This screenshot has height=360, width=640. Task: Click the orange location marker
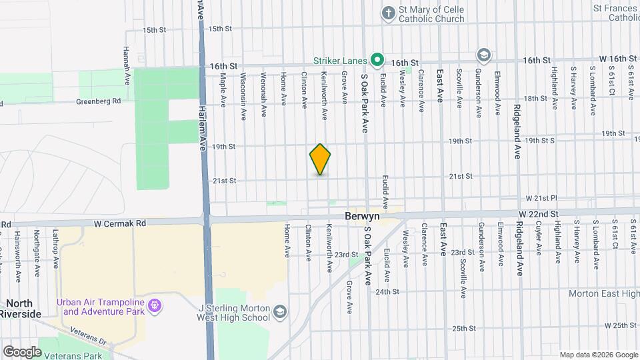pos(320,159)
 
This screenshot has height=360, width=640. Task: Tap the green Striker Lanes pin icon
pos(377,61)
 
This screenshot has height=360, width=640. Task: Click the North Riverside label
pos(20,308)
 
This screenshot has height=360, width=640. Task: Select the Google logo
pos(22,351)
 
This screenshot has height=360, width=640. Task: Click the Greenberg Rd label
pos(98,101)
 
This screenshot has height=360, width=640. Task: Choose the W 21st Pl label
pos(541,199)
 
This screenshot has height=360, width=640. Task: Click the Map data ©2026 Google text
pos(599,354)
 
